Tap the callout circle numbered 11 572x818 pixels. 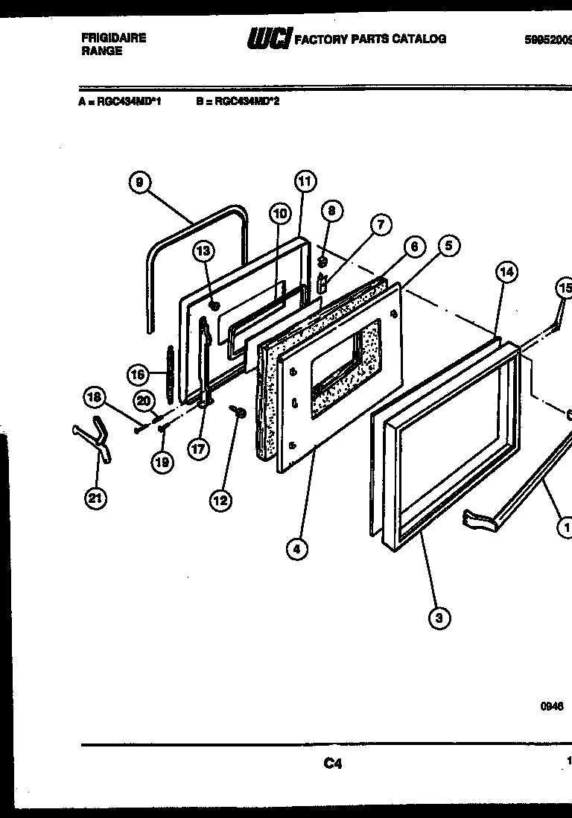(x=304, y=181)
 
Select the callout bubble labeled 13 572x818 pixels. (x=203, y=251)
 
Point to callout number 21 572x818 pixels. (x=95, y=498)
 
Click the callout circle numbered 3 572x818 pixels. (x=439, y=617)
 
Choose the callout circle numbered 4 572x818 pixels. (x=296, y=550)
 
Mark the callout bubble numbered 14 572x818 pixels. (x=506, y=272)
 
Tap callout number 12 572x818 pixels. (x=220, y=501)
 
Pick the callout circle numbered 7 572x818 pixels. (x=380, y=224)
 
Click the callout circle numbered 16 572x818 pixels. (x=136, y=375)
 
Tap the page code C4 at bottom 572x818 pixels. (x=332, y=763)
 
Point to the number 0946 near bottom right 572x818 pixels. (x=552, y=707)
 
